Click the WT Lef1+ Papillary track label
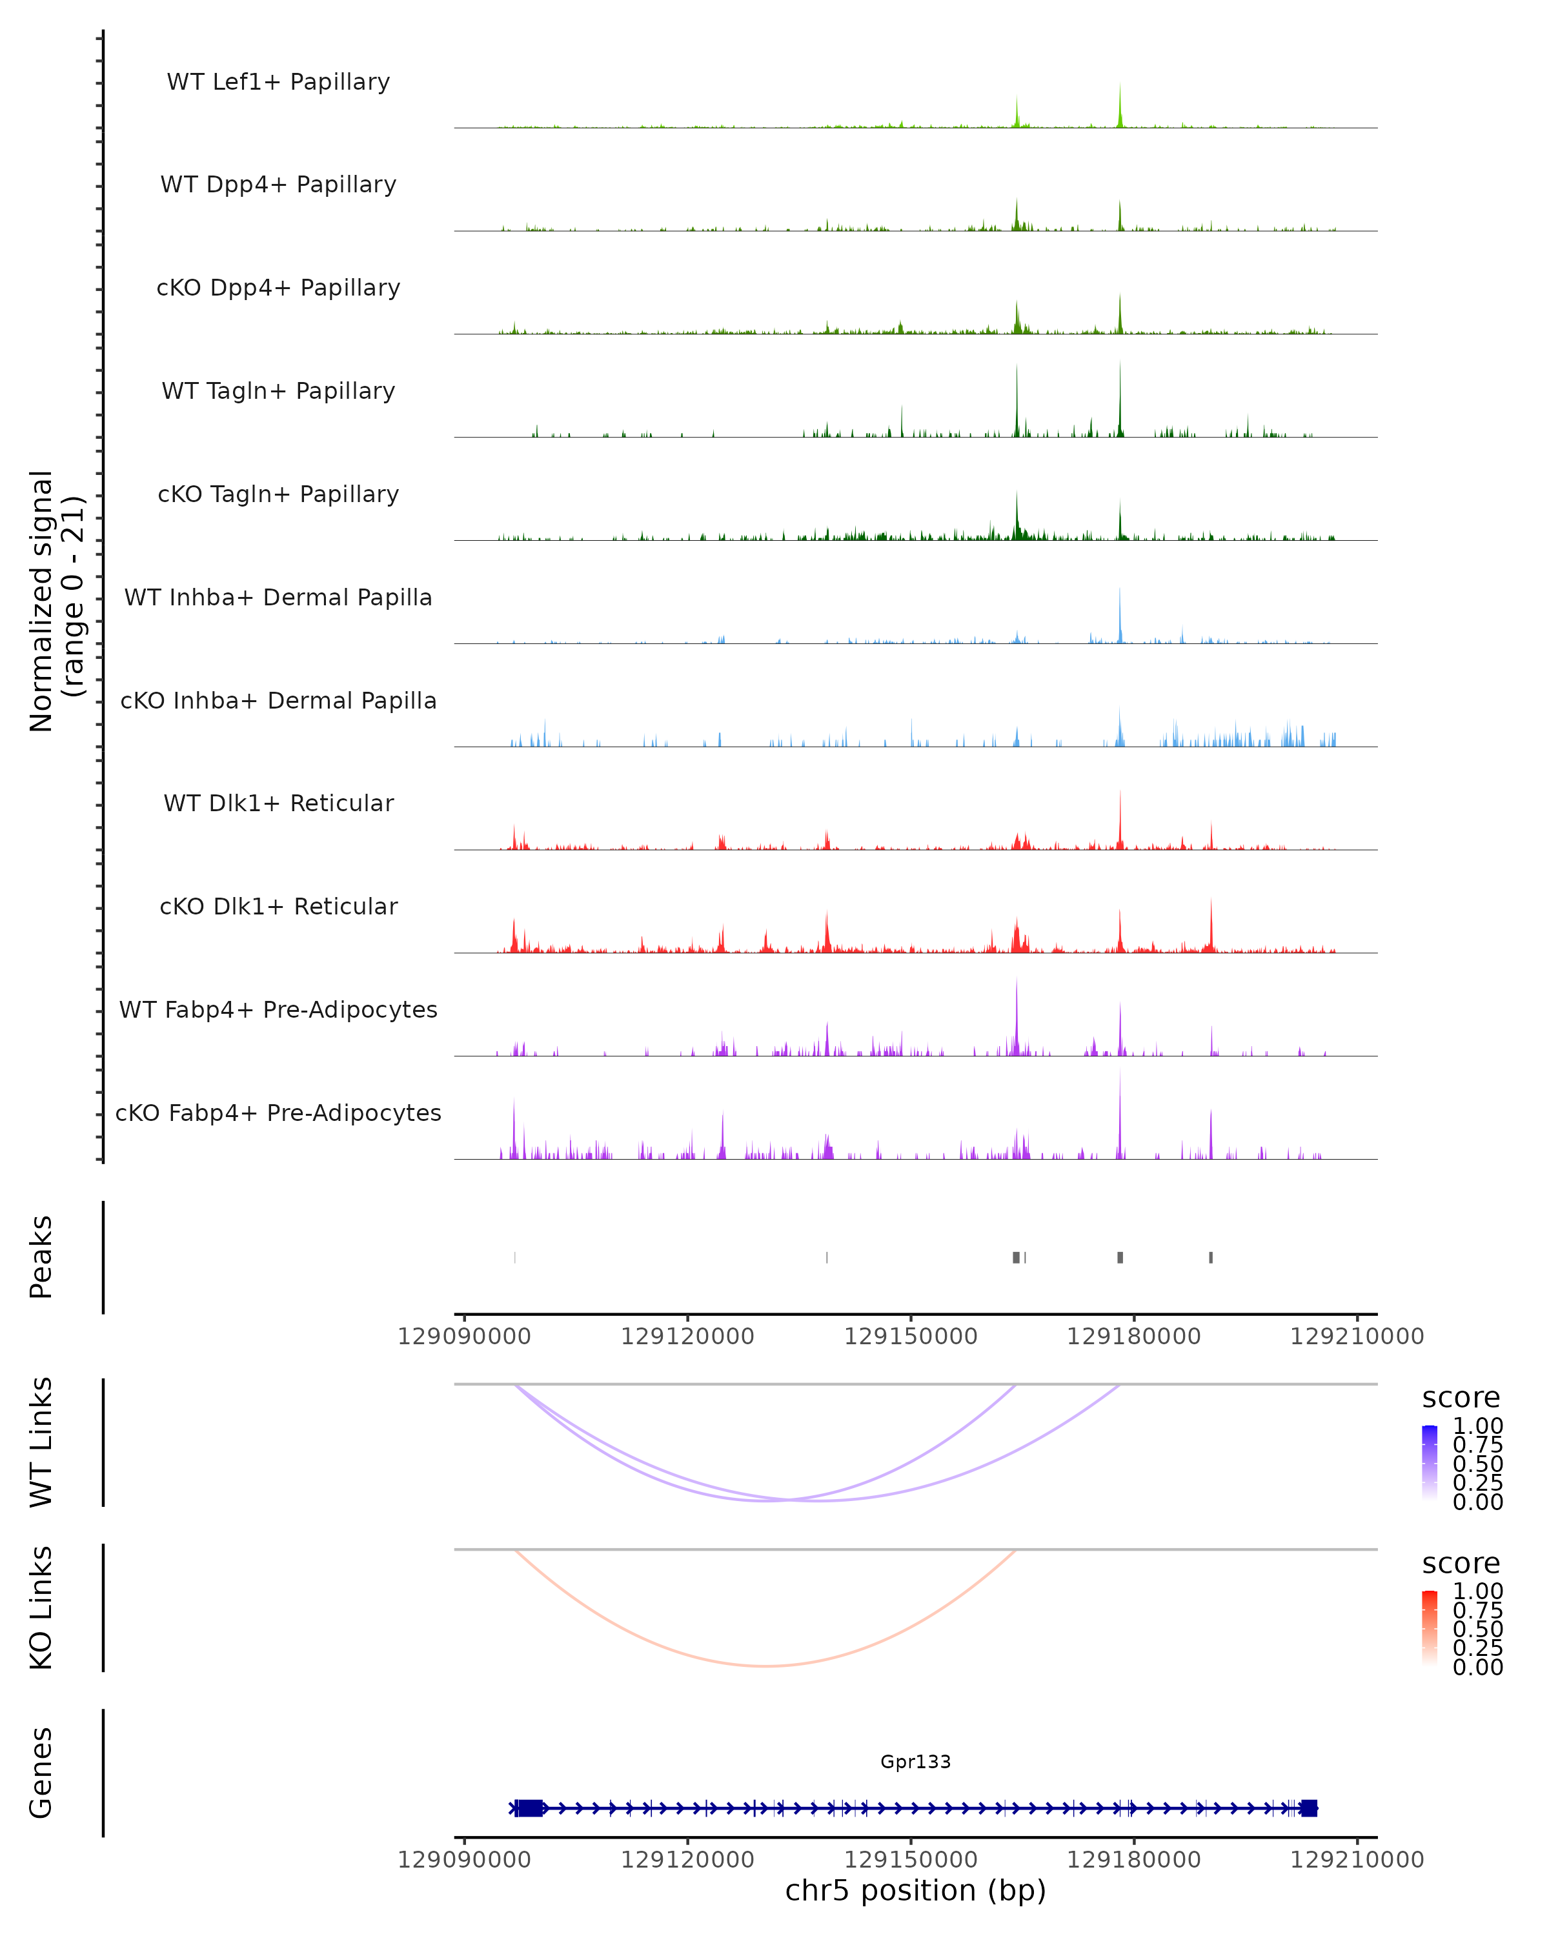coord(278,82)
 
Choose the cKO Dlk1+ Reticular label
coord(278,906)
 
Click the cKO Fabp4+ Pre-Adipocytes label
coord(278,1113)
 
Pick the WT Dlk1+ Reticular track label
coord(278,803)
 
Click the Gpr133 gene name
coord(915,1761)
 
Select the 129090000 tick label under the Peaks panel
coord(464,1336)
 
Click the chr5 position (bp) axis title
coord(915,1890)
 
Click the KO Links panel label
coord(41,1608)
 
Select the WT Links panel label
coord(41,1442)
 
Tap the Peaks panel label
coord(41,1257)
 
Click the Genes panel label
coord(41,1773)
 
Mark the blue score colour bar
coord(1430,1462)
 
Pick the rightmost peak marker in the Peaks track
coord(1210,1257)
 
